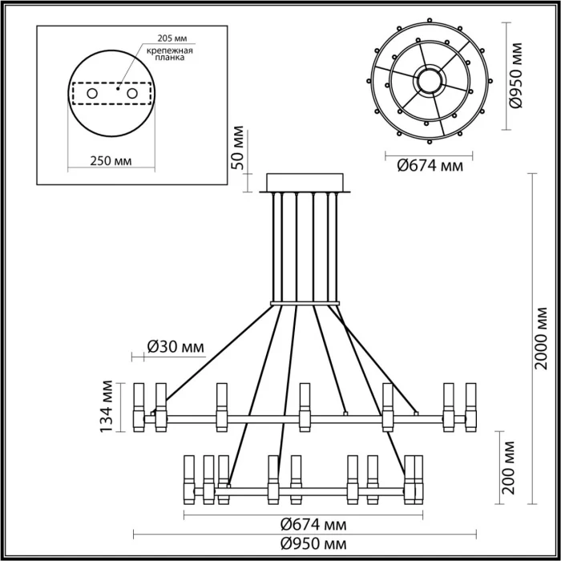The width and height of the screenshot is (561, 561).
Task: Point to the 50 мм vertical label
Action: click(x=236, y=147)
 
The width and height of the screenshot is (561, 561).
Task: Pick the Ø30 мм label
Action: click(x=175, y=347)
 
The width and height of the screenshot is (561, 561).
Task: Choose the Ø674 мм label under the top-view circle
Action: click(x=430, y=167)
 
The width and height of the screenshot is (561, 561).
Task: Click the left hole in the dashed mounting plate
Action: click(x=92, y=94)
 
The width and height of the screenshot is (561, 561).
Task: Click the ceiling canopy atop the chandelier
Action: click(x=305, y=183)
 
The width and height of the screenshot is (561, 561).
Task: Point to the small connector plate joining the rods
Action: click(x=305, y=303)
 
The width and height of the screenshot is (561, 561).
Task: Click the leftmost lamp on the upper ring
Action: click(x=139, y=408)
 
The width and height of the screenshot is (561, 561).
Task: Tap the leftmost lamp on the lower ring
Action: click(x=190, y=479)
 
